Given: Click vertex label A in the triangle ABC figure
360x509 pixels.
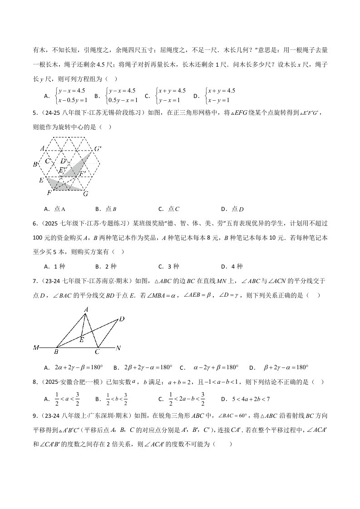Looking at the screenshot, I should (85, 309).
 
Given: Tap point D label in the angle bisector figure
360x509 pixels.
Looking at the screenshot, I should (122, 319).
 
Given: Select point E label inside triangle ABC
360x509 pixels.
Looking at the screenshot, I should (81, 339).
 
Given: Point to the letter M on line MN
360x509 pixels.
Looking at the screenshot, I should (36, 348).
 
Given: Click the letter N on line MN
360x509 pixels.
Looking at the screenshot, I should (118, 348).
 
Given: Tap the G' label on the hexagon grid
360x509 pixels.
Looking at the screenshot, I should (98, 149).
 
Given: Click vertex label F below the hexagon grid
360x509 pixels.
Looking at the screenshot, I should (49, 193).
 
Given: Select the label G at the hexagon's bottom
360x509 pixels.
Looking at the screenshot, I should (85, 194).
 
